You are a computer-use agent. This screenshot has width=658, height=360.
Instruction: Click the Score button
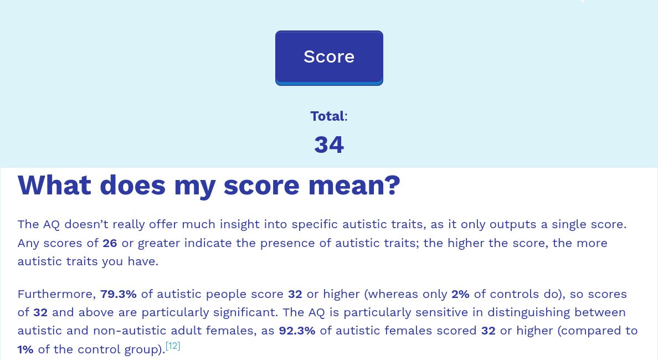pos(329,58)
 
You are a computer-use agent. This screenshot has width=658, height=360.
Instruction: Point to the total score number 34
pos(329,145)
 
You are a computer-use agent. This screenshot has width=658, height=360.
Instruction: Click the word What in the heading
pos(54,185)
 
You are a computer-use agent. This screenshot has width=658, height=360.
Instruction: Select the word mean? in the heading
pos(354,185)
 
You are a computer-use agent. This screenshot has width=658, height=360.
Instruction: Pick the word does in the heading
pos(132,185)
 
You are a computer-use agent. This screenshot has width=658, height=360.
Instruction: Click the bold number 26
pos(110,243)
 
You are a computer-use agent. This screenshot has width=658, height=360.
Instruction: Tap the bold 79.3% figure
pos(119,294)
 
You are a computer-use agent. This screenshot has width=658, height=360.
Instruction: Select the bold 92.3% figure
pos(297,331)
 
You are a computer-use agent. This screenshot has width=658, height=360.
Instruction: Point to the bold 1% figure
pos(25,349)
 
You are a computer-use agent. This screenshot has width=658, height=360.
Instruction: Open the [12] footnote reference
pos(173,346)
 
